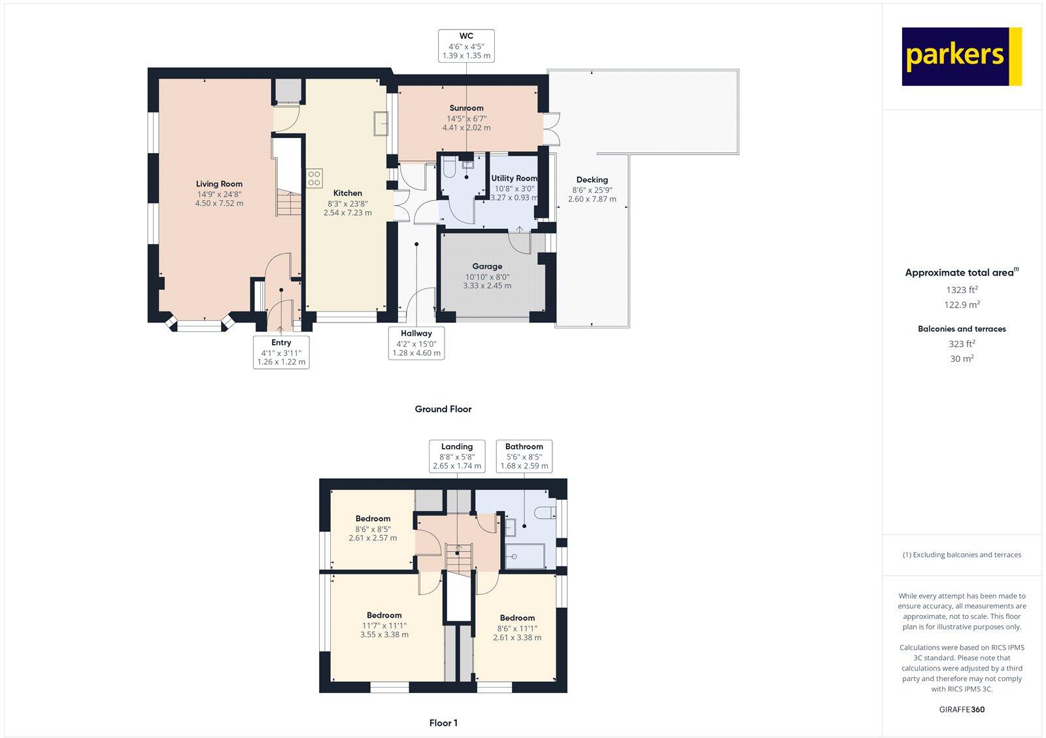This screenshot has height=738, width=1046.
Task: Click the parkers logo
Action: click(x=961, y=56)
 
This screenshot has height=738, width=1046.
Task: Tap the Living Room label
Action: click(x=219, y=184)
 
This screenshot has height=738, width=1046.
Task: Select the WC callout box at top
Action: click(x=466, y=46)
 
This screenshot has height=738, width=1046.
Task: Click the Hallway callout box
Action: click(x=416, y=343)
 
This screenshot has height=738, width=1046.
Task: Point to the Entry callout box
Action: click(x=281, y=352)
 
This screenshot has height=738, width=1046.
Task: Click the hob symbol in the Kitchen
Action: click(x=314, y=179)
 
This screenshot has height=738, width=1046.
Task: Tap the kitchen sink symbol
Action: click(x=381, y=122)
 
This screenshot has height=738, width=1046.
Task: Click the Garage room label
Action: click(x=487, y=266)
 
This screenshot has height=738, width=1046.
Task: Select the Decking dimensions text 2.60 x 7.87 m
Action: click(x=592, y=199)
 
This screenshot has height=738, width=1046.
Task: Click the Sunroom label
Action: click(x=466, y=108)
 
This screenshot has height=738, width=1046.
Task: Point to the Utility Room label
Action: click(x=514, y=178)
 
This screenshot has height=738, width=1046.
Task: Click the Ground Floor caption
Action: click(x=443, y=409)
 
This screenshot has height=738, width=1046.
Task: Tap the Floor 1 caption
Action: click(x=443, y=723)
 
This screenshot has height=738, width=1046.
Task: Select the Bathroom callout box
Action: click(x=524, y=456)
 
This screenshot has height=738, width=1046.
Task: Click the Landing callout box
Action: click(x=456, y=456)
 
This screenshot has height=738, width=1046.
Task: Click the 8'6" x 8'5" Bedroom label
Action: click(x=373, y=518)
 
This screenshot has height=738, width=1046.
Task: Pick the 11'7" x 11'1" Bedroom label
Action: click(x=384, y=615)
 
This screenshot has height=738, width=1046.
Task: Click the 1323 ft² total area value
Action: click(x=961, y=289)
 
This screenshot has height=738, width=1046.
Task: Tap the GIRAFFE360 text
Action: click(x=961, y=709)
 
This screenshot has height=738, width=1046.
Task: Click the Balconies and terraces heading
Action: click(x=961, y=329)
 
